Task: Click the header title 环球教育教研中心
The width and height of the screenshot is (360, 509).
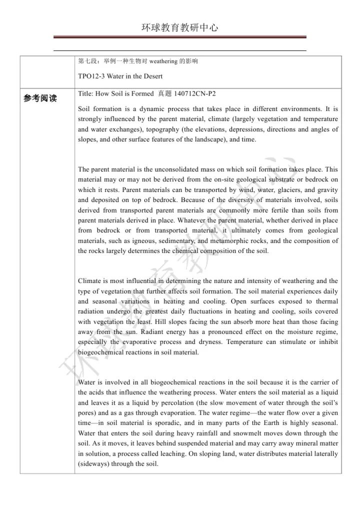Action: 180,28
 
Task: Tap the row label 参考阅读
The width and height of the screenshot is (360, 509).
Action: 40,98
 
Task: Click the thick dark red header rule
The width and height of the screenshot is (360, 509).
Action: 180,37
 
